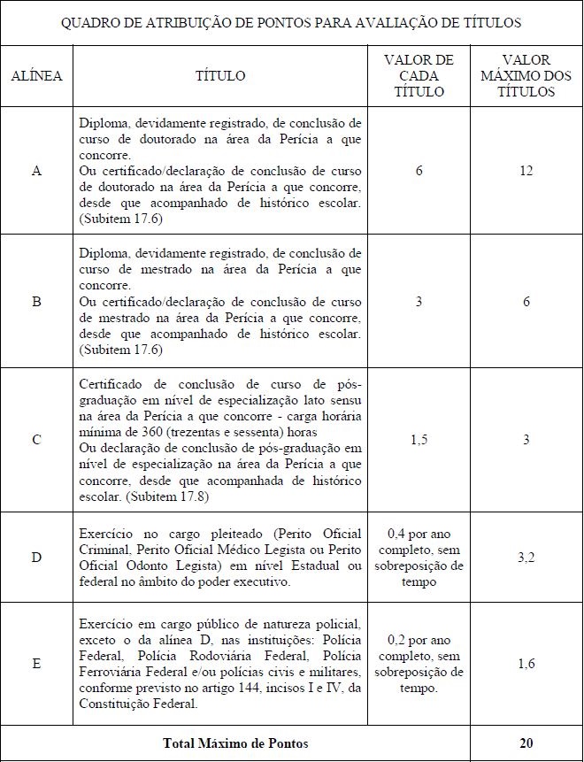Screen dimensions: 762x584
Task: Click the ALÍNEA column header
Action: (x=36, y=76)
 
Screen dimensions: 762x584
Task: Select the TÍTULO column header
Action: (x=220, y=76)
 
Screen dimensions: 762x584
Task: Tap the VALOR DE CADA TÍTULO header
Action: (x=419, y=76)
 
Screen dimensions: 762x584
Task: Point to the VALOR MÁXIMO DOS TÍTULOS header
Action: (x=526, y=76)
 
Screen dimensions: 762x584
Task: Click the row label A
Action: (x=36, y=171)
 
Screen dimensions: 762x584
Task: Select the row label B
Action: (x=36, y=302)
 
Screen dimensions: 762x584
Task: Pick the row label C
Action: (x=36, y=440)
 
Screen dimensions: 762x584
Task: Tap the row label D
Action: (x=36, y=558)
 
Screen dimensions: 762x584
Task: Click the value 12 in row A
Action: (x=526, y=171)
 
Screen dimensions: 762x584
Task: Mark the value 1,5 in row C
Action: (x=419, y=440)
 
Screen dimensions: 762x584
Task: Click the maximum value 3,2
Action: (x=526, y=558)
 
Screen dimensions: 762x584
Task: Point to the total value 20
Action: (x=526, y=743)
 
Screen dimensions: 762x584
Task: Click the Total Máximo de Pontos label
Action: (x=234, y=743)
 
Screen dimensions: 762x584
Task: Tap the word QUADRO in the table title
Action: (x=89, y=22)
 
